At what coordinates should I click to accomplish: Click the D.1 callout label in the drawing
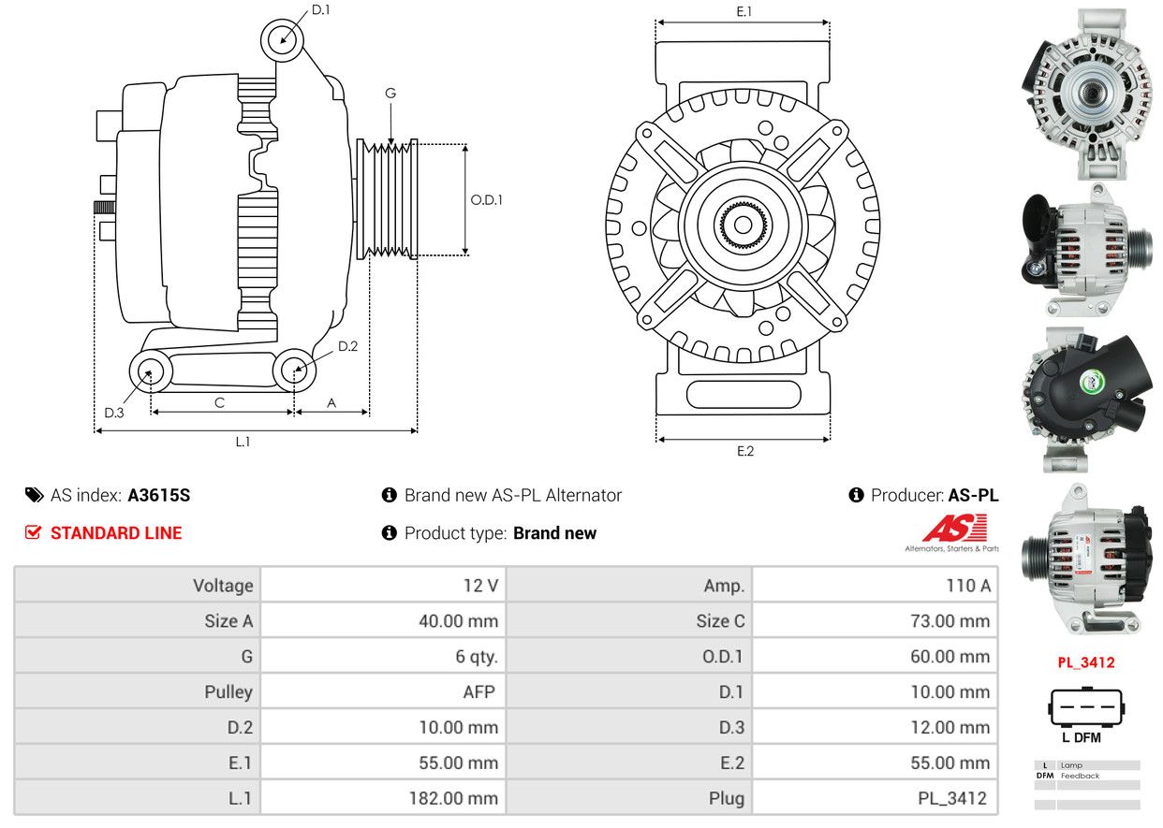(321, 10)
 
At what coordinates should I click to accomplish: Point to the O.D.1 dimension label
(487, 199)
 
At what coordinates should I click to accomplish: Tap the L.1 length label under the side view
(243, 442)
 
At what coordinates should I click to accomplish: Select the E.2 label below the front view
(745, 451)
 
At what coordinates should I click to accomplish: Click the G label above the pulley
(390, 93)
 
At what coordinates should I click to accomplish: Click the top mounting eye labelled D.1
(282, 40)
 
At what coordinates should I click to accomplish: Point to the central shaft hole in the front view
(743, 225)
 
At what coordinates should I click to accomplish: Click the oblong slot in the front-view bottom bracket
(743, 394)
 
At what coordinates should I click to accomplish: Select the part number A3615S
(159, 496)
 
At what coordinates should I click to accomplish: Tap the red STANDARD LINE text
(116, 532)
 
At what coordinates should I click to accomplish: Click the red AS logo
(954, 528)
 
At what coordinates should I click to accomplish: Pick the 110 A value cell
(875, 585)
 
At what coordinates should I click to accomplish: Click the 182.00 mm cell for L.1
(383, 798)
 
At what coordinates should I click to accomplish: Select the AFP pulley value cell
(383, 691)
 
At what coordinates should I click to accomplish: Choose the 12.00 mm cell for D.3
(875, 727)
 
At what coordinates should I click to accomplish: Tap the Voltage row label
(223, 586)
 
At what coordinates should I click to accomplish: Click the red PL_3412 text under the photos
(1086, 662)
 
